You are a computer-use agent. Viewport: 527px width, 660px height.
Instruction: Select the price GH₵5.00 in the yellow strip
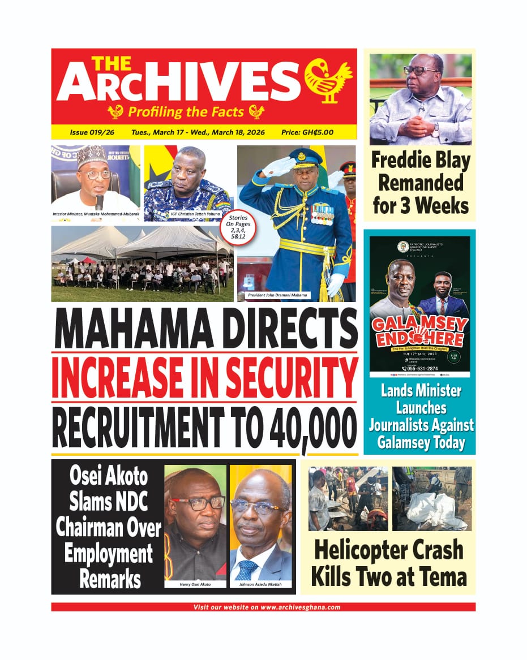click(x=307, y=132)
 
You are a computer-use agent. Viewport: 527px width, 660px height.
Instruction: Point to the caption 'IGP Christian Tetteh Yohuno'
click(x=188, y=215)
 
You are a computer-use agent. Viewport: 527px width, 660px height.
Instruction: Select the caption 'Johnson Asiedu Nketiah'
click(x=260, y=584)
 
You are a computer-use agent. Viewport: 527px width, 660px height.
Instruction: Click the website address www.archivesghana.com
click(x=300, y=607)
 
